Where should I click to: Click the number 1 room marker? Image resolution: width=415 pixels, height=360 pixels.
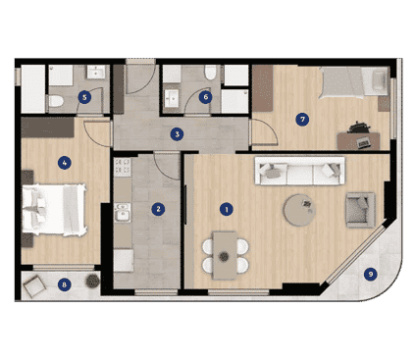(227, 209)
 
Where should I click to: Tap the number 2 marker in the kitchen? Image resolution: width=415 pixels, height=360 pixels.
(158, 209)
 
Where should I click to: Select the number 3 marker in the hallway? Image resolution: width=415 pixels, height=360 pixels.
(177, 134)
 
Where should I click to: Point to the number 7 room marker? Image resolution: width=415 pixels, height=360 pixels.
(302, 120)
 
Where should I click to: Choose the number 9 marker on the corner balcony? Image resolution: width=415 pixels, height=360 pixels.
(371, 274)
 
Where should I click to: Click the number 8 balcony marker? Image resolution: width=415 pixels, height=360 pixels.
(64, 284)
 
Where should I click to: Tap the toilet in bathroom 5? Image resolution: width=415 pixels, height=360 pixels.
(56, 101)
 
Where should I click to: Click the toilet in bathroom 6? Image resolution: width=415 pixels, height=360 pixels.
(210, 73)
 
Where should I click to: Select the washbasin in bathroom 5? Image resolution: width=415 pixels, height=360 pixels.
(96, 72)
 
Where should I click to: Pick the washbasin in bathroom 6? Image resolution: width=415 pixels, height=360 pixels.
(172, 98)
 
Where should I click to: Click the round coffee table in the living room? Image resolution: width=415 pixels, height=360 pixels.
(299, 210)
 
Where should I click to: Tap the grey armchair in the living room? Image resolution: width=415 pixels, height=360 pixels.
(360, 210)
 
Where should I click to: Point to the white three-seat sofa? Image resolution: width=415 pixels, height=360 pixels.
(299, 171)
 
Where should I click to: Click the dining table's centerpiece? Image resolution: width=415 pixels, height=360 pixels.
(224, 256)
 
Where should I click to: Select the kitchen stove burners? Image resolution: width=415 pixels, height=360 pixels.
(123, 166)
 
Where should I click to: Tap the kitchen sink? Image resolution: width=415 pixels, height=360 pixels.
(123, 213)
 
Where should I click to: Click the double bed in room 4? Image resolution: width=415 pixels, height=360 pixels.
(54, 210)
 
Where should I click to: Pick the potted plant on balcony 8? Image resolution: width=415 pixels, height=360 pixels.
(93, 281)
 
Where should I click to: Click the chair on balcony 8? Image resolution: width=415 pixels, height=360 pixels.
(34, 286)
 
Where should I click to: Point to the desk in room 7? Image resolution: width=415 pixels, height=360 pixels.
(359, 141)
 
